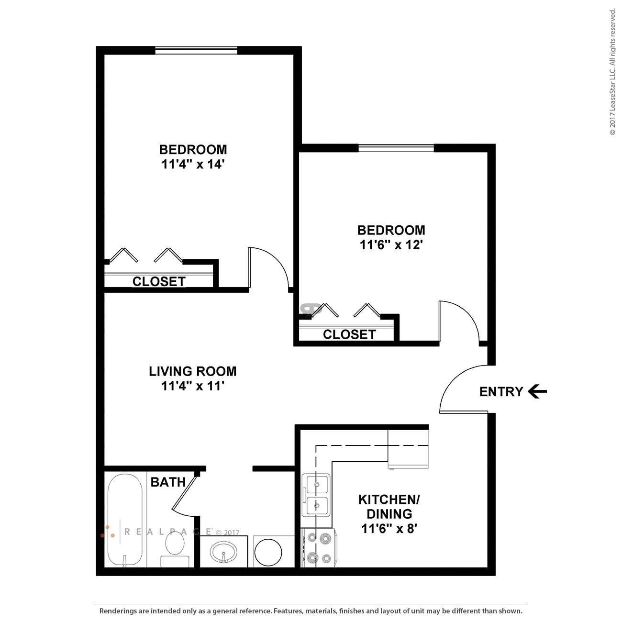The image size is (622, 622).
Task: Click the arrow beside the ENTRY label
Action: (537, 391)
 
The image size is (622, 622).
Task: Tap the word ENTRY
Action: (501, 392)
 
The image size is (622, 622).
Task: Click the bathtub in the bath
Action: (125, 519)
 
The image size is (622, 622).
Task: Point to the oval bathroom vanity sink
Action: (223, 552)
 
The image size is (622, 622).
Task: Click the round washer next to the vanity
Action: (268, 552)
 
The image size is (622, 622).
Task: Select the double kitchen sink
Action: (316, 495)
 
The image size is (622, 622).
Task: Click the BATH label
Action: (168, 482)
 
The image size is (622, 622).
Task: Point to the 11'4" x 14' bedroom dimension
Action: (193, 164)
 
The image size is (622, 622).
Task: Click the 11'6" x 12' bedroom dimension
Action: (391, 245)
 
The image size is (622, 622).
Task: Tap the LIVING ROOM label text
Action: (192, 371)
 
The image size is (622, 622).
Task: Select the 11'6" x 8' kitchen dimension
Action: (389, 529)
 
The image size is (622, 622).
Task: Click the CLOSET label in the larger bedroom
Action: (159, 281)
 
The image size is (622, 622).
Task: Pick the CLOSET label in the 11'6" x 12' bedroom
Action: (349, 334)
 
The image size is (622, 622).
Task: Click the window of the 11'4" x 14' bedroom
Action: (196, 50)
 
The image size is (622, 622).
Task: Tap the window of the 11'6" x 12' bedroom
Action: (396, 148)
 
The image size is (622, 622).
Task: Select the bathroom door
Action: (184, 493)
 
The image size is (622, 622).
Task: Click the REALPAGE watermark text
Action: (167, 532)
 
